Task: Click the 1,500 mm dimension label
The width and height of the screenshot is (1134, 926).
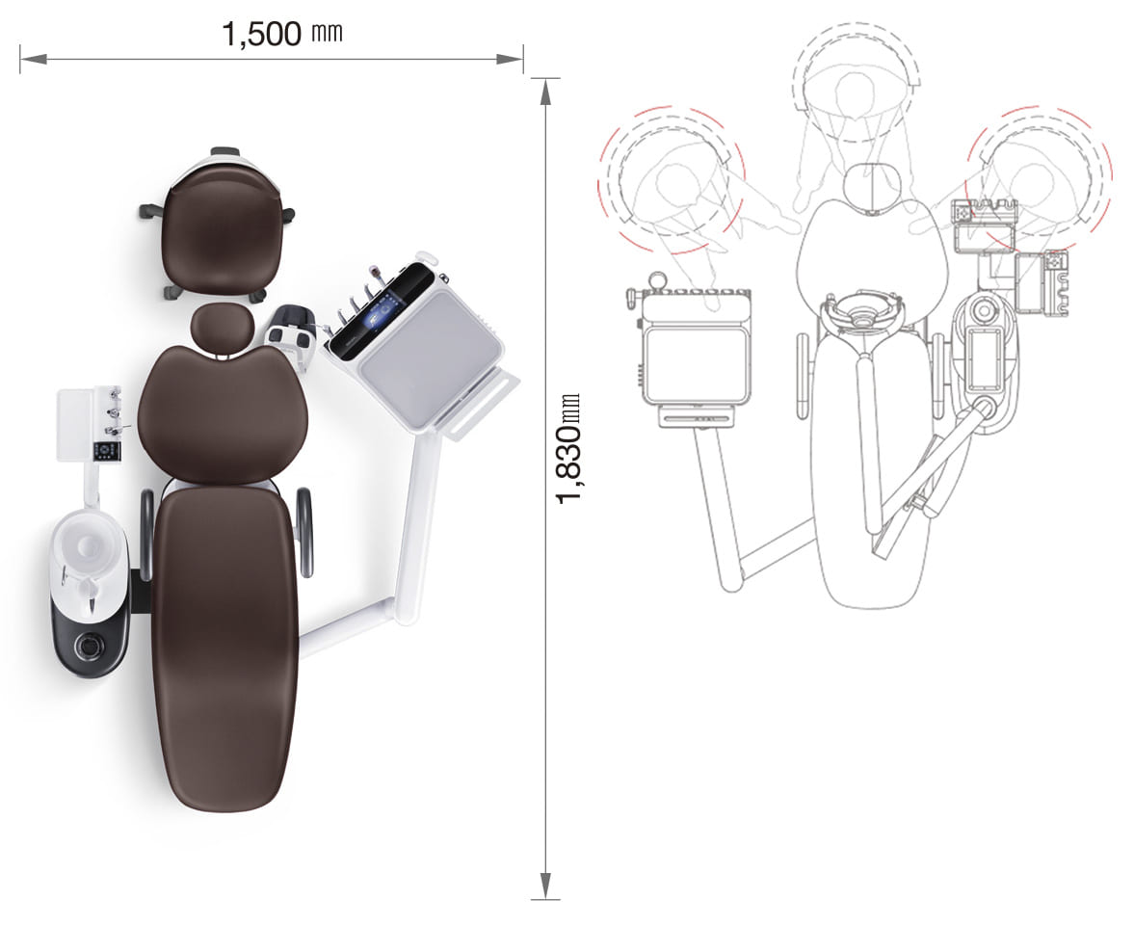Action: click(281, 34)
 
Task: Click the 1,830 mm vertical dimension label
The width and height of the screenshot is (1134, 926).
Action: click(568, 448)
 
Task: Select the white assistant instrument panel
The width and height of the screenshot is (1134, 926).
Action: click(89, 424)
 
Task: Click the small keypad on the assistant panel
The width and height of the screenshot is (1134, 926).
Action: click(109, 451)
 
